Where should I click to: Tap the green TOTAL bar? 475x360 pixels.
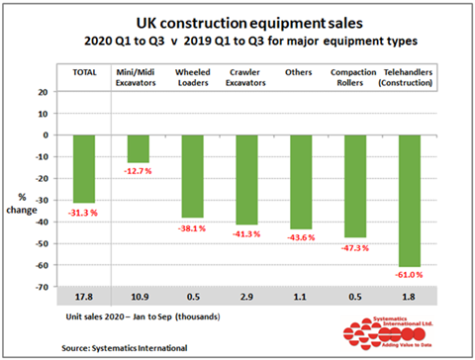[x=84, y=168]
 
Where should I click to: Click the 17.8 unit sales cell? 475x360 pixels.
[x=83, y=297]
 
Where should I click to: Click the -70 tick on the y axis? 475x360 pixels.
[x=42, y=287]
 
